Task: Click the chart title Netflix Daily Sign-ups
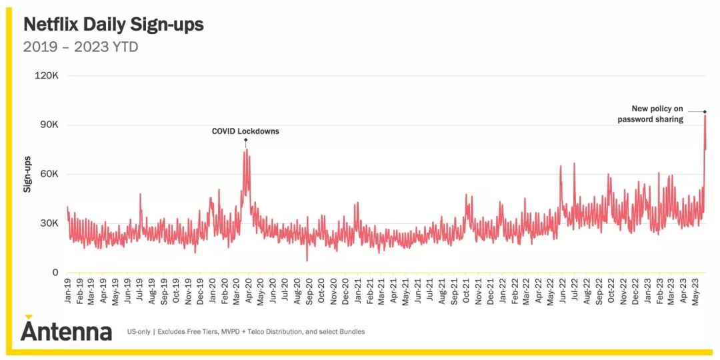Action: click(x=113, y=25)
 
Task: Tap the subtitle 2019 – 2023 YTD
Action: click(x=81, y=47)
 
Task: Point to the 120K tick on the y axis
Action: click(x=47, y=76)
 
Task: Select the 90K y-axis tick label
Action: click(x=49, y=125)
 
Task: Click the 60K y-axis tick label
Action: click(x=49, y=175)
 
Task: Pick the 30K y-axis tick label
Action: click(x=49, y=223)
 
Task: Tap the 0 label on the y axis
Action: click(x=56, y=273)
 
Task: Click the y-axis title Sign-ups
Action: click(x=27, y=175)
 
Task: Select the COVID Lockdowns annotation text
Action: click(x=245, y=131)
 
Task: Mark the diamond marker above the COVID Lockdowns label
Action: click(x=245, y=140)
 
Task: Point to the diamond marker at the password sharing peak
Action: click(x=705, y=111)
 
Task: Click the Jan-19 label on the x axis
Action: click(x=67, y=292)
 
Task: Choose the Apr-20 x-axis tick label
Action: click(x=249, y=292)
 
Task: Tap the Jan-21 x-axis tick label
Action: click(x=357, y=292)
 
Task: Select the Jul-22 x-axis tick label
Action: click(x=575, y=292)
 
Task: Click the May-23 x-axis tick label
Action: click(x=695, y=292)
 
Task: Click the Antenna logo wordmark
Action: click(x=66, y=329)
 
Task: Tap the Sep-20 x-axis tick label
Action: click(x=309, y=292)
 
